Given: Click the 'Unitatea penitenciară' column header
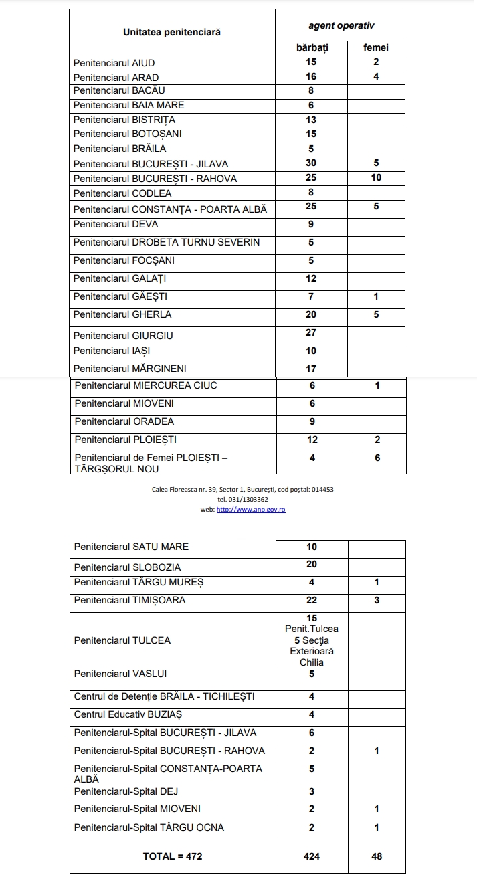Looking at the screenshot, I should tap(172, 32).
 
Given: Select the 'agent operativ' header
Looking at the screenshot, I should tap(341, 25).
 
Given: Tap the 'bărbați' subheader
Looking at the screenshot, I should tap(312, 48).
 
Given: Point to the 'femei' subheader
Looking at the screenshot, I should tap(376, 48).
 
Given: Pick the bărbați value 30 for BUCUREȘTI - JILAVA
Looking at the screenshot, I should tap(311, 163).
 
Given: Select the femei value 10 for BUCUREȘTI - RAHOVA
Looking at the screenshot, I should tap(376, 178).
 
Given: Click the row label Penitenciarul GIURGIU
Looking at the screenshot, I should tap(123, 335).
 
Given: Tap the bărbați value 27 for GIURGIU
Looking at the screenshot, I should tap(311, 332).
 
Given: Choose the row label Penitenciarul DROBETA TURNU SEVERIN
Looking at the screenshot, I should tap(167, 242).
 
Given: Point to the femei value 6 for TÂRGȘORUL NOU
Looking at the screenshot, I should tap(377, 458).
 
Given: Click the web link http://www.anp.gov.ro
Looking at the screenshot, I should tap(251, 510).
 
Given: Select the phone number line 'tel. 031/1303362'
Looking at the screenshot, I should tap(243, 500).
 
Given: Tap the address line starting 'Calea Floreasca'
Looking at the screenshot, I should tap(243, 490).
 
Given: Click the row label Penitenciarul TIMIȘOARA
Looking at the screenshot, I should tap(130, 600).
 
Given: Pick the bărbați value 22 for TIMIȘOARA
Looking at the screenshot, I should tap(312, 600).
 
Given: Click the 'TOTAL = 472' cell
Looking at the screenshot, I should tap(173, 856).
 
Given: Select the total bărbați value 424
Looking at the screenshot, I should tap(312, 856).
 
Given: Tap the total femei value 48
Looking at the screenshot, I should tap(377, 856).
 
